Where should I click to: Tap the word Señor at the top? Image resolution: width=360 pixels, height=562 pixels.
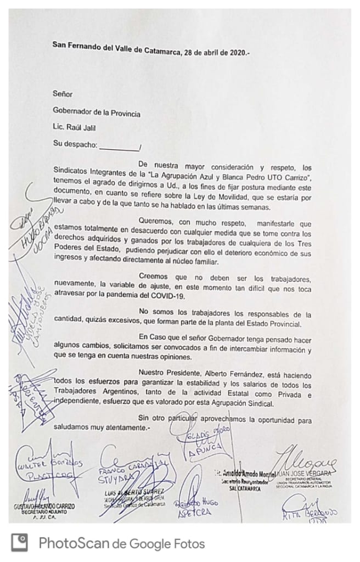pyautogui.click(x=63, y=94)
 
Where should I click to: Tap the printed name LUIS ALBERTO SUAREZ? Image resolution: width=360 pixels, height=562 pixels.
pyautogui.click(x=127, y=492)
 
